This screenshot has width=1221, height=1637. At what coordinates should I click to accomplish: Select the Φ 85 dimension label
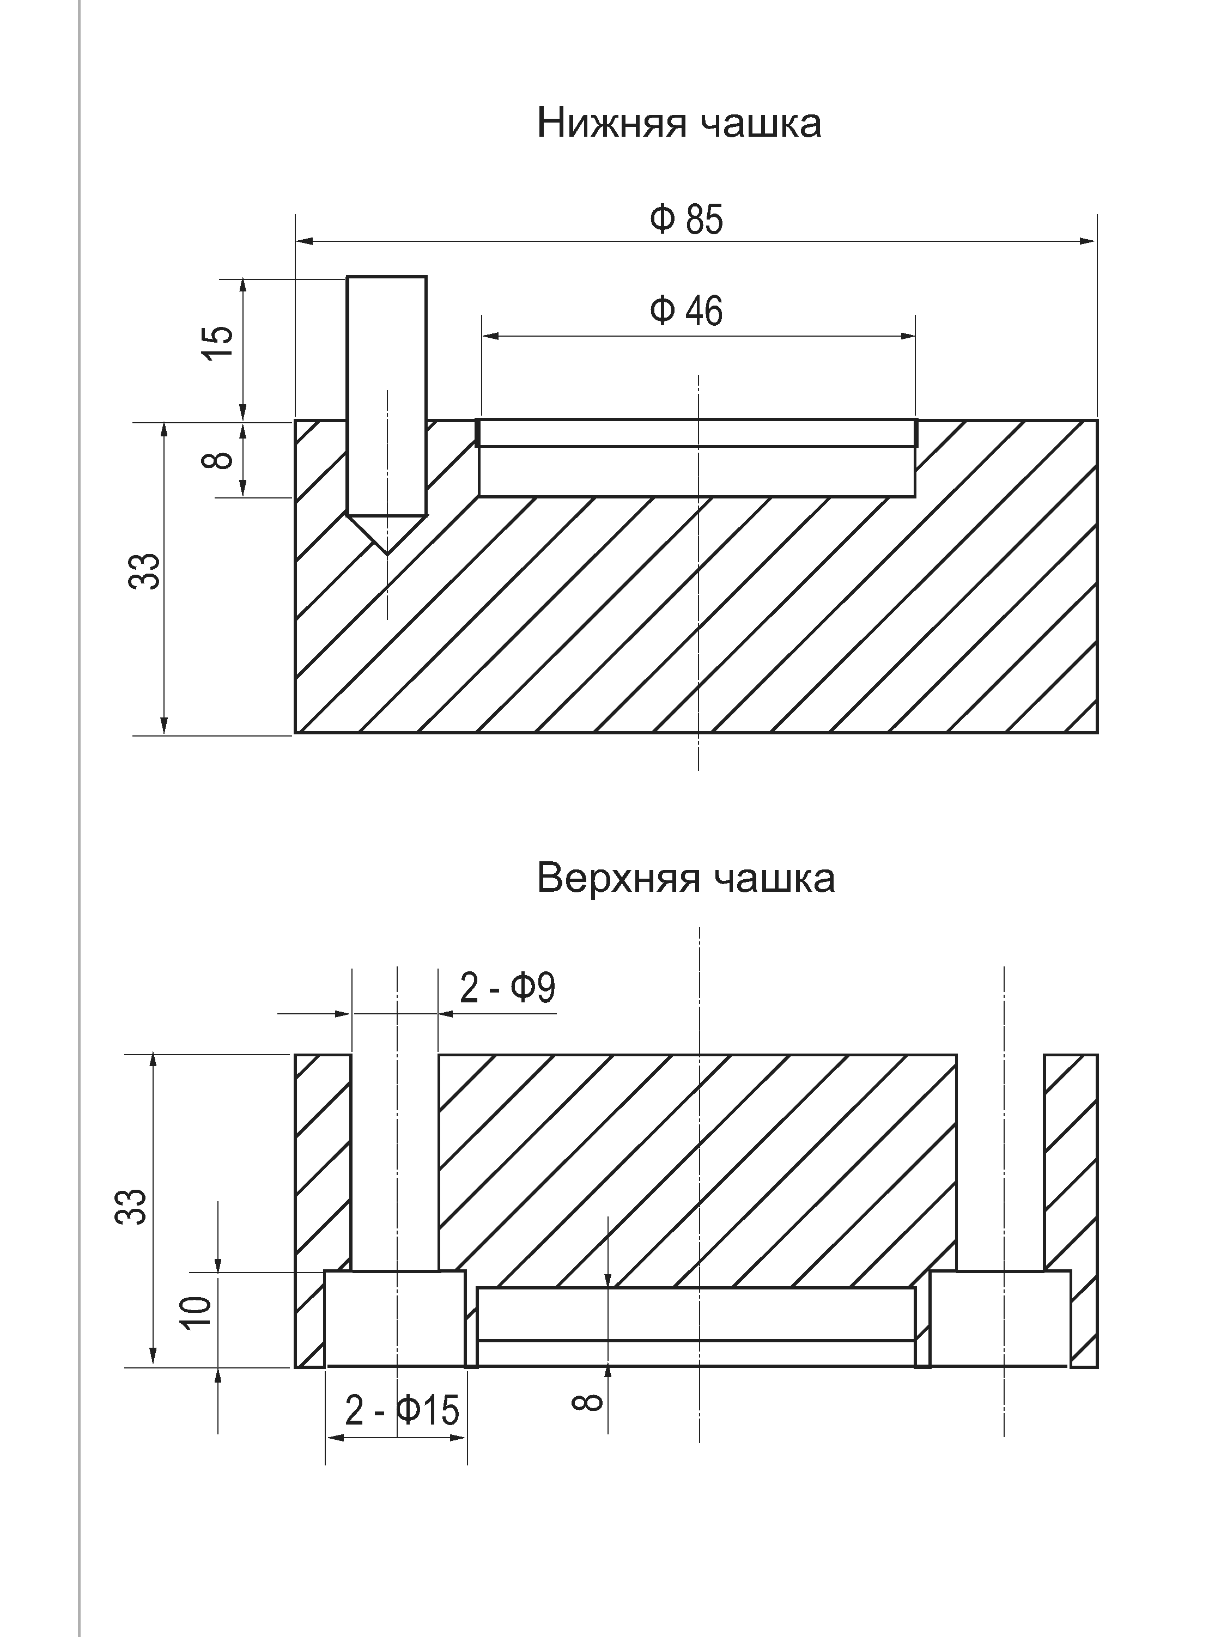[x=686, y=220]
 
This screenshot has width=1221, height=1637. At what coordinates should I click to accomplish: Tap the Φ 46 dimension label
[x=686, y=311]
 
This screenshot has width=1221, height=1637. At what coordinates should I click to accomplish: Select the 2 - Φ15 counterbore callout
[x=402, y=1411]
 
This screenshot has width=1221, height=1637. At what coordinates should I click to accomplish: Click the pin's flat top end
[x=386, y=278]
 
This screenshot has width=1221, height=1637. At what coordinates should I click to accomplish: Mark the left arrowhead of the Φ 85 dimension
[x=303, y=241]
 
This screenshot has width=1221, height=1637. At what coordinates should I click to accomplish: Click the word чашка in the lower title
[x=773, y=879]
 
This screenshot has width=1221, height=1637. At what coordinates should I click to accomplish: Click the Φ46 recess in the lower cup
[x=696, y=471]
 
